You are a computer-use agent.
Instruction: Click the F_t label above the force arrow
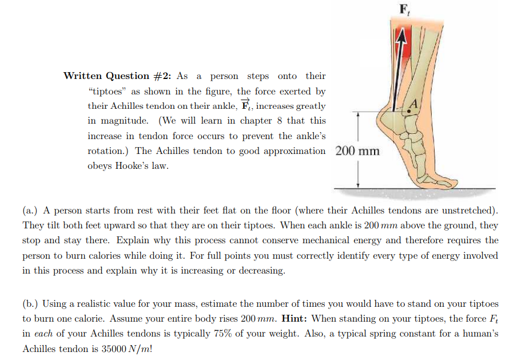pos(404,9)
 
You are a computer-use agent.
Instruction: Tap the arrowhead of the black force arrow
pos(402,35)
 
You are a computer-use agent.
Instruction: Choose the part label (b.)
pos(31,303)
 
